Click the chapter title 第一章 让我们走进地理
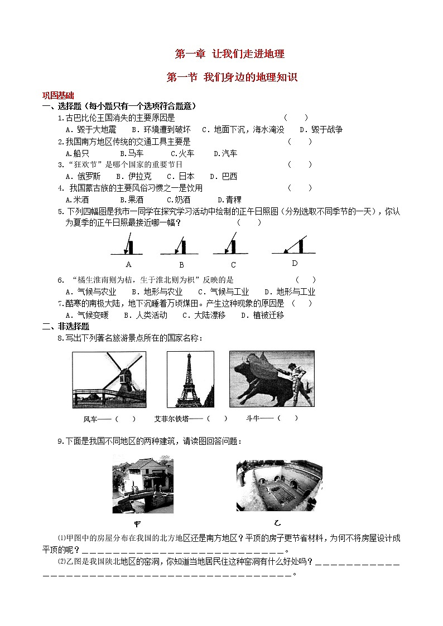click(x=230, y=54)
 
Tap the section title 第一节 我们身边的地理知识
click(x=232, y=78)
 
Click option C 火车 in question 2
click(x=182, y=153)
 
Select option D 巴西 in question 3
click(x=225, y=176)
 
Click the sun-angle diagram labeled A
click(x=128, y=245)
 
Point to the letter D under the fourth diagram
click(x=295, y=263)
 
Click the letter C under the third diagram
click(x=233, y=265)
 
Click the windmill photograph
click(x=109, y=380)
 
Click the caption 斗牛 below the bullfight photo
click(x=253, y=418)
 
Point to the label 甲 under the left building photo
click(x=137, y=523)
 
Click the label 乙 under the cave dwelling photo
click(x=277, y=523)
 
